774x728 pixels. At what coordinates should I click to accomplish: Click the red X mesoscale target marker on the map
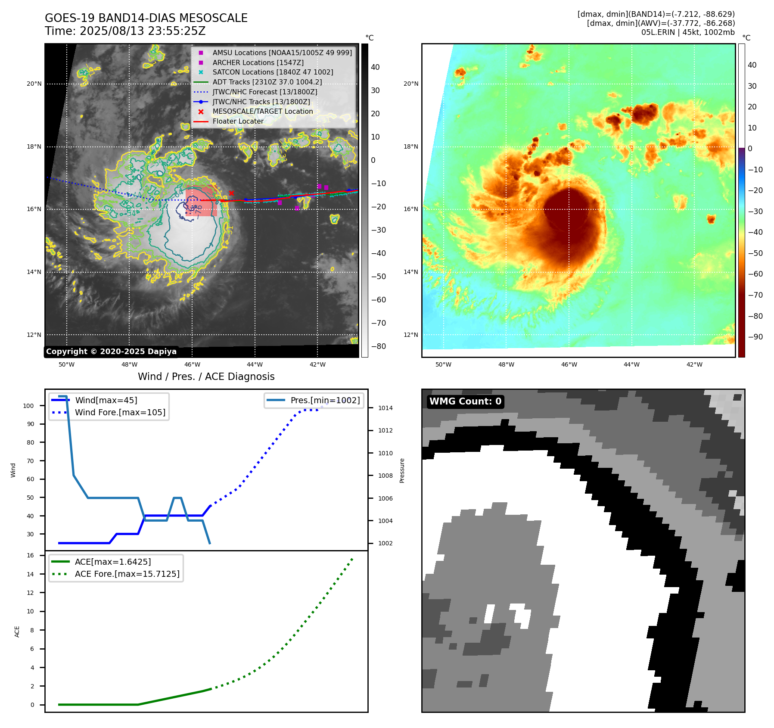231,193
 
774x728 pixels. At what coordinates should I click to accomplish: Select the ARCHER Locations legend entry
258,62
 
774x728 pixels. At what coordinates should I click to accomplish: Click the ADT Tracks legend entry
267,82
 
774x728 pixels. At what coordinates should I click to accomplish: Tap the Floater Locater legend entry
238,121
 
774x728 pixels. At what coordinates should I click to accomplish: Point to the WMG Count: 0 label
465,401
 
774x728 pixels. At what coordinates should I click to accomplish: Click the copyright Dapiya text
111,352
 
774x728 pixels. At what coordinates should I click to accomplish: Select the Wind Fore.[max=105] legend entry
120,412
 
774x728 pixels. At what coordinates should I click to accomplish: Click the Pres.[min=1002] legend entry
325,400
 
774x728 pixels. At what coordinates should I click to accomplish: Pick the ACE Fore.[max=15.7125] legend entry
127,574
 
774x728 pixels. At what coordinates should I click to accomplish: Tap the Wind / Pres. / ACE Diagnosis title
206,376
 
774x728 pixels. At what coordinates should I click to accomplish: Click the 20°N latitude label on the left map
34,84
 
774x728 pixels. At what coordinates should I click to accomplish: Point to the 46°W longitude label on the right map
569,364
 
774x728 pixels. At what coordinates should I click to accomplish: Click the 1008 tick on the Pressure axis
385,476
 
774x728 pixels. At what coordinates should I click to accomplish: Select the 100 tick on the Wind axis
28,406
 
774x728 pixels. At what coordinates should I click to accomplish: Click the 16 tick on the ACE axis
31,555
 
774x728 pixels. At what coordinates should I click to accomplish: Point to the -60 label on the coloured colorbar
755,274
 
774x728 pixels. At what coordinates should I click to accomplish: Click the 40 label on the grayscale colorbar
375,67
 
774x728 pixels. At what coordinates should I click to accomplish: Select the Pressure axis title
402,470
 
